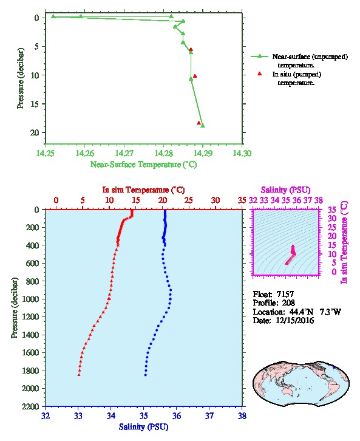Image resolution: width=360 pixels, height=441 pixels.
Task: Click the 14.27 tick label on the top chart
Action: tap(124, 153)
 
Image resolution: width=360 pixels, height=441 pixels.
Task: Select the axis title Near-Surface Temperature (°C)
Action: tap(144, 165)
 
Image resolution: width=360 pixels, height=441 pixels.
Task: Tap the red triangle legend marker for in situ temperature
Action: tap(260, 73)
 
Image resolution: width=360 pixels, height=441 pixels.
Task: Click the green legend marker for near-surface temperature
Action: tap(260, 56)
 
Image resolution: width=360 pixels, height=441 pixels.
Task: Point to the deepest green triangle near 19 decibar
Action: tap(203, 126)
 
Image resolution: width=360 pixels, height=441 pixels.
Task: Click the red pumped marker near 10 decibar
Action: tap(195, 76)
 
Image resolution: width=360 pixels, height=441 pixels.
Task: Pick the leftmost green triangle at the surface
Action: tap(53, 16)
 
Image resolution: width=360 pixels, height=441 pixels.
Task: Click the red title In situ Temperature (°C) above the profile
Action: tap(143, 190)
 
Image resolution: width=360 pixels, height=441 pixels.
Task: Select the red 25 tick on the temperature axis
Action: tap(189, 200)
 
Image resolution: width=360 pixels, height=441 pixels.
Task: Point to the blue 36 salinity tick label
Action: tap(177, 415)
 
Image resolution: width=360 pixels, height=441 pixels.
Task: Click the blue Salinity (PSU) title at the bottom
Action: tap(144, 427)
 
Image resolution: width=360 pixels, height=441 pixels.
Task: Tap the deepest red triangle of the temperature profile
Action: tap(79, 375)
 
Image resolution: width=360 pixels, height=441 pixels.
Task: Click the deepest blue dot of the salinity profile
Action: tap(145, 375)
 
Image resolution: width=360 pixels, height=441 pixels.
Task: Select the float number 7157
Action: tap(285, 294)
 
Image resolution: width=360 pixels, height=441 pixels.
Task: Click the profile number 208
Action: tap(288, 303)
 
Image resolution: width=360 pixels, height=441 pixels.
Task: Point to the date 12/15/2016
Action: tap(295, 320)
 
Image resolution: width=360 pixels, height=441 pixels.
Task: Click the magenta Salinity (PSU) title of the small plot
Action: tap(286, 190)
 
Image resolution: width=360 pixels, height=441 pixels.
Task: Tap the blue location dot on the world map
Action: tap(334, 367)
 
